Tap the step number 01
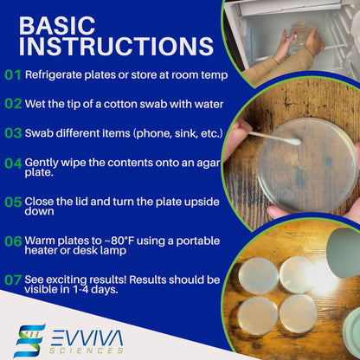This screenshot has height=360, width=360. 13,74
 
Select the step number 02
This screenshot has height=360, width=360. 13,103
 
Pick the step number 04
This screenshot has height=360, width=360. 13,162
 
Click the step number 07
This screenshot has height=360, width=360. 13,280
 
